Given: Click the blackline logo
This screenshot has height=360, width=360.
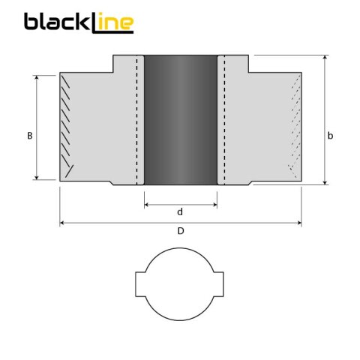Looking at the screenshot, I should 79,22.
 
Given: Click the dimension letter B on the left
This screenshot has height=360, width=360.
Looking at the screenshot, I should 29,136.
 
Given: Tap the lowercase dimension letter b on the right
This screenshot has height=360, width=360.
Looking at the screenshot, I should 331,136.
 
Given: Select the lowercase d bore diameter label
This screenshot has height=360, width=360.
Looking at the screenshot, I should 180,212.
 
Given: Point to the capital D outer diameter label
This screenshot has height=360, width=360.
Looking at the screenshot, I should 181,231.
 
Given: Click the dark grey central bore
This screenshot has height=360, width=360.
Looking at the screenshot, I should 180,120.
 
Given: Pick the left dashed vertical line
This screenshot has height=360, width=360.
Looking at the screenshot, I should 136,120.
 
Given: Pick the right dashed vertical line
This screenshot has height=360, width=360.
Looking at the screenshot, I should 223,120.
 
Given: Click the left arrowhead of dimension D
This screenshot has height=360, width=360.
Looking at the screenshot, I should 62,223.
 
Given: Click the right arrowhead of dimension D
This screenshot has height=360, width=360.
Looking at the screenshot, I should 299,223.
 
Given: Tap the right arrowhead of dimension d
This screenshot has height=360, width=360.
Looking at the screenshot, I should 214,203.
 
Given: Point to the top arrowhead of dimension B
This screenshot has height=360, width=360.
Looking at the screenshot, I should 36,76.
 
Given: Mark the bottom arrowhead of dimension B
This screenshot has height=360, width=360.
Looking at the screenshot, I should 36,177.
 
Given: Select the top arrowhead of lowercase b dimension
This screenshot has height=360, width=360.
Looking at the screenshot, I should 325,58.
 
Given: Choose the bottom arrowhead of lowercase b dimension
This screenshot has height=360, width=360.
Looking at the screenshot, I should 325,181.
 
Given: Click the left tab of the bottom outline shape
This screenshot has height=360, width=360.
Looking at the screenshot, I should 140,285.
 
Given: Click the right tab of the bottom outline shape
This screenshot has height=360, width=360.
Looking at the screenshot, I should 220,285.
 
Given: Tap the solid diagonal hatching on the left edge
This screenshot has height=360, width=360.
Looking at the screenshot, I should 68,127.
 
